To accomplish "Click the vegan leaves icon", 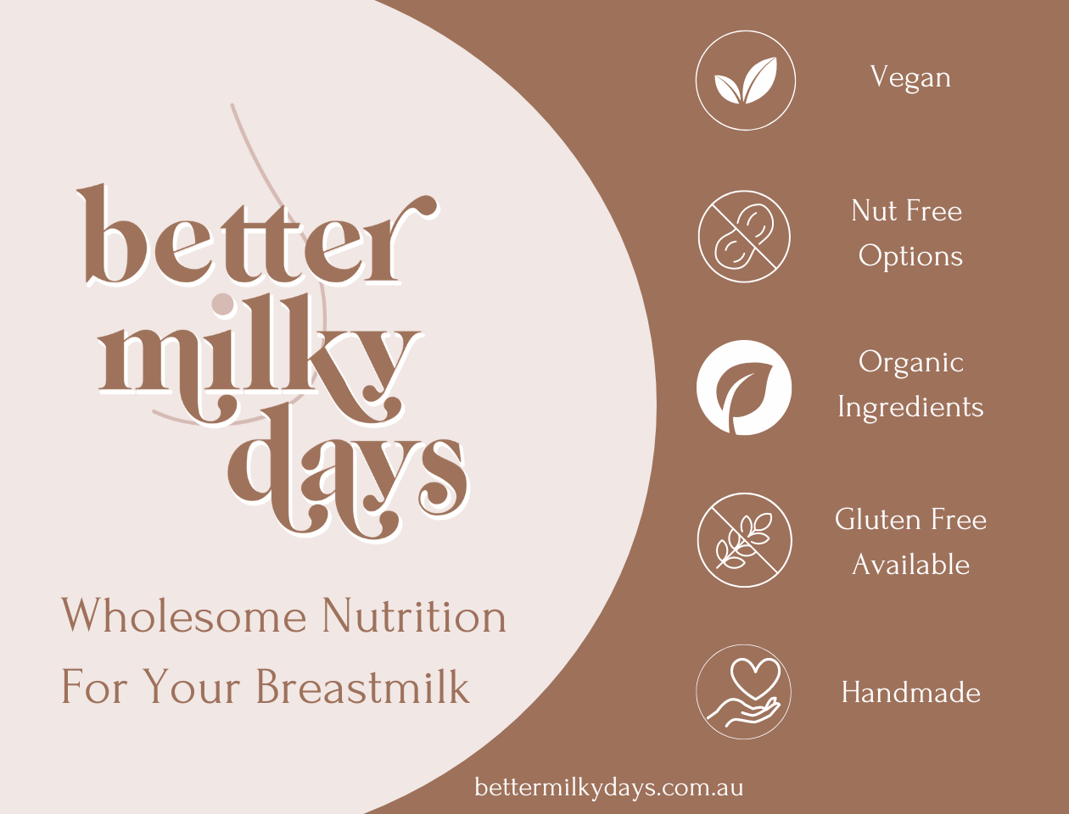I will [x=745, y=81].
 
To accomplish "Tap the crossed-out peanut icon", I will [x=744, y=237].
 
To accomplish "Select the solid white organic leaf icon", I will [x=744, y=388].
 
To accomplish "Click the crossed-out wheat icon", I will [x=744, y=540].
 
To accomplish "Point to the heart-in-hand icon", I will [x=743, y=692].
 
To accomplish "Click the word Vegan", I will [x=910, y=78].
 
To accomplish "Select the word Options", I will [x=910, y=256].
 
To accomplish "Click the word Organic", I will [x=910, y=363].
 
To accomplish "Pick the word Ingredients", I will [x=910, y=408].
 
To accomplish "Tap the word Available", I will [x=910, y=565].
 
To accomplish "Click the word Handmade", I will [x=910, y=693].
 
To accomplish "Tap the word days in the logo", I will [x=348, y=475].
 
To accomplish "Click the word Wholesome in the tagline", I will [x=183, y=616].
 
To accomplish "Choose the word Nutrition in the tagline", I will [x=414, y=616].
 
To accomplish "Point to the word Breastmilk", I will [x=362, y=687].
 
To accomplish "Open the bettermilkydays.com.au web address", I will [x=609, y=788].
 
